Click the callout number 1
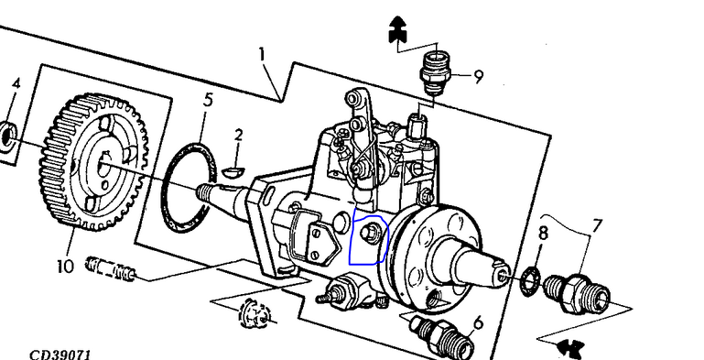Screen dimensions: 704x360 click(x=262, y=55)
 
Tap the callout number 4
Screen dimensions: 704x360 click(x=16, y=84)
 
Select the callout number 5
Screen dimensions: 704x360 click(x=208, y=100)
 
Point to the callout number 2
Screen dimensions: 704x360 click(x=238, y=135)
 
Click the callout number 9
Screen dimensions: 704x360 click(x=479, y=77)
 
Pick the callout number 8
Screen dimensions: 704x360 click(x=543, y=234)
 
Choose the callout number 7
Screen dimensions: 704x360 click(x=597, y=225)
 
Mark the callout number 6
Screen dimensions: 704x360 click(x=479, y=322)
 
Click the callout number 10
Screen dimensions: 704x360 click(x=65, y=267)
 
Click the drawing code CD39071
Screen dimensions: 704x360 click(x=60, y=355)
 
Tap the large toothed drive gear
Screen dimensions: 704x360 click(x=93, y=161)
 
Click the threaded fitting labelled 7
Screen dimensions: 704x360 click(x=578, y=293)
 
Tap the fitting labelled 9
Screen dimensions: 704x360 click(x=435, y=72)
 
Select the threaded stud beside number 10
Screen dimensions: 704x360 click(x=111, y=268)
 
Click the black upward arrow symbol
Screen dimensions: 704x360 click(x=397, y=29)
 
